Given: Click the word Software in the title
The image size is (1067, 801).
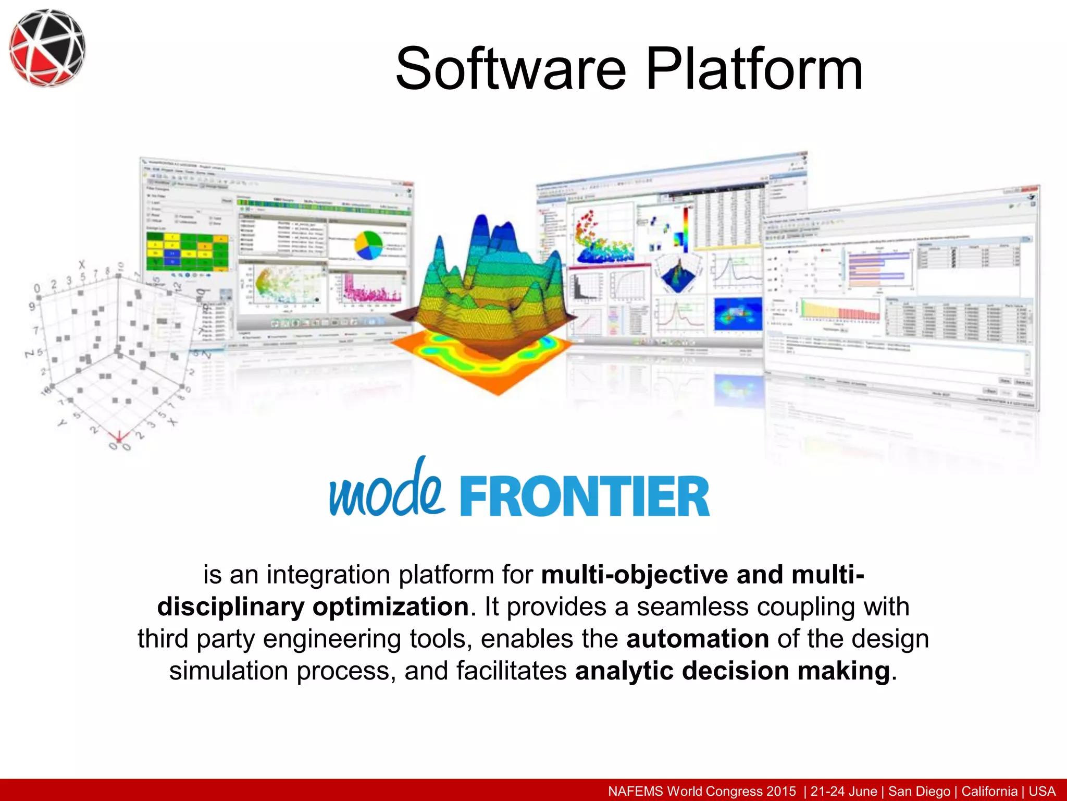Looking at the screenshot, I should [511, 69].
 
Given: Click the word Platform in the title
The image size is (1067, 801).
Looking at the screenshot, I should [754, 69].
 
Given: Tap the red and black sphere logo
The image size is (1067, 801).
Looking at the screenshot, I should [47, 47].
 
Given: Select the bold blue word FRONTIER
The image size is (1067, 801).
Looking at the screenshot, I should [584, 496].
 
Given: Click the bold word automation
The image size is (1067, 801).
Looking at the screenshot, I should [697, 639].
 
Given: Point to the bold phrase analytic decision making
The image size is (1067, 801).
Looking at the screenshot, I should [732, 671].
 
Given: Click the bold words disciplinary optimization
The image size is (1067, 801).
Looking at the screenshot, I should [313, 607].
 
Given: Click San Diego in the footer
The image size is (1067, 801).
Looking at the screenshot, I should [919, 791].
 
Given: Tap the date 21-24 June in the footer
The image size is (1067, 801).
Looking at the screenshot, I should [843, 791].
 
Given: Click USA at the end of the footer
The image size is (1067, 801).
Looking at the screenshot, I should [1041, 791].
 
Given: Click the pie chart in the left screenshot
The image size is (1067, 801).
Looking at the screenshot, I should [368, 245].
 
